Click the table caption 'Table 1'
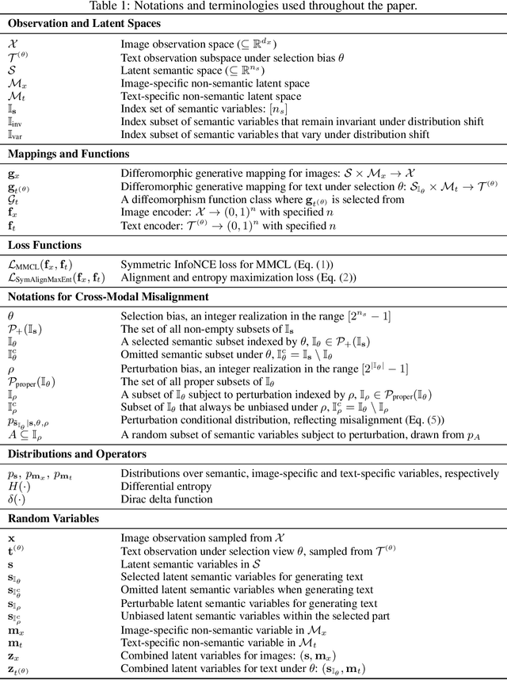point(253,6)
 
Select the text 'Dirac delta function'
point(167,499)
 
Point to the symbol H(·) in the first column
point(18,486)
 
